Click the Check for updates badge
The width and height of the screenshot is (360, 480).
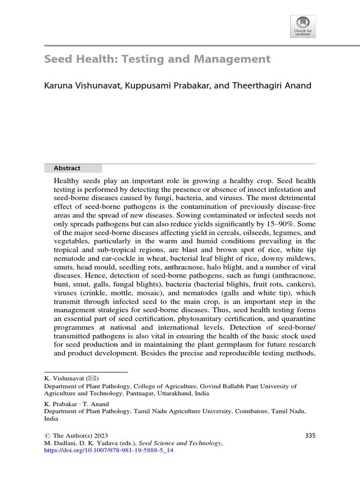pyautogui.click(x=303, y=26)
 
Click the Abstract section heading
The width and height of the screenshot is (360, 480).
pyautogui.click(x=67, y=168)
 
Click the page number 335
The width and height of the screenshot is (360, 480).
pyautogui.click(x=310, y=435)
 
